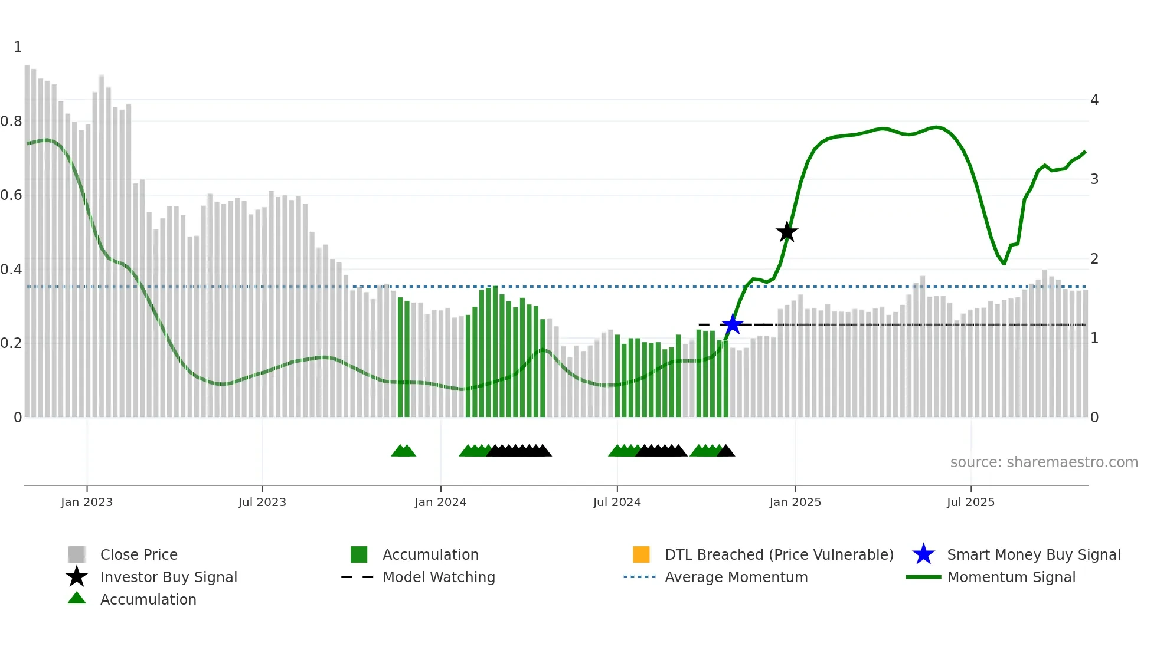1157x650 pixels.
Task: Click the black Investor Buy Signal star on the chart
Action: pos(786,232)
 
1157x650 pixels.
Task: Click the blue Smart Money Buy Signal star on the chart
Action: pos(733,324)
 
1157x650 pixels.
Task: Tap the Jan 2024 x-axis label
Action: pos(440,502)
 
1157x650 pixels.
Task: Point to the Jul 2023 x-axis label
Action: pos(262,502)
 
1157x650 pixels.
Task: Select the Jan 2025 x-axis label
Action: pos(795,502)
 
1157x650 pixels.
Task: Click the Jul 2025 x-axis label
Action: pos(970,502)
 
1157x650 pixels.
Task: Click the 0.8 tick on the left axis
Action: pos(11,122)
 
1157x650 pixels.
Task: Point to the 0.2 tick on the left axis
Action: pos(11,343)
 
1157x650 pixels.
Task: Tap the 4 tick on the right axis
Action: pos(1094,100)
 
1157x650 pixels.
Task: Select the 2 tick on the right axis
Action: pos(1094,258)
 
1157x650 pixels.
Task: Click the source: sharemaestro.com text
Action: pos(1044,462)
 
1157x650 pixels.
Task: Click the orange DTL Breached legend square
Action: pos(641,554)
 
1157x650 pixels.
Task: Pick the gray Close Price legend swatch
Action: pos(77,554)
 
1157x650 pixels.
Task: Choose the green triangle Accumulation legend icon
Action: pos(77,598)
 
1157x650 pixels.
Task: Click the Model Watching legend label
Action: pos(439,577)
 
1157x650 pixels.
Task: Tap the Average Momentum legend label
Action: pos(736,577)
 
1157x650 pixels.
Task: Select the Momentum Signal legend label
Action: pos(1011,577)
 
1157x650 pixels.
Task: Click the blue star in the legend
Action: pos(923,554)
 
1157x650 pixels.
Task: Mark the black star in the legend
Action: pos(77,577)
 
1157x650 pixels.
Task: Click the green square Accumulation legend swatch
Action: pos(359,554)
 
